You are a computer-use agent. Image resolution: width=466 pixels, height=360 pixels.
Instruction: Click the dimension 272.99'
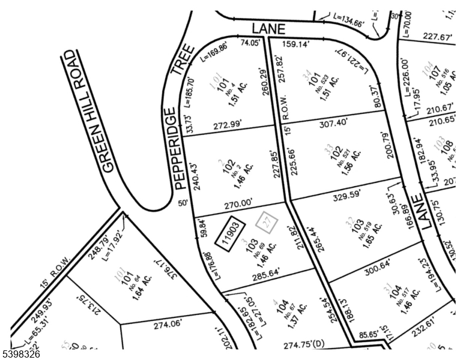(x=230, y=125)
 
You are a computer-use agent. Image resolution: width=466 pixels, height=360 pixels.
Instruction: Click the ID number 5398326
(x=22, y=354)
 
